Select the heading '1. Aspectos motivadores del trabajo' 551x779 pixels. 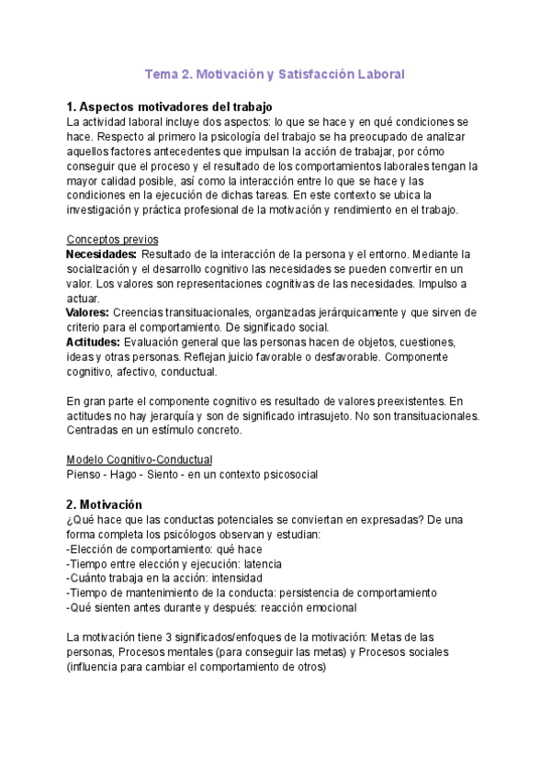click(170, 107)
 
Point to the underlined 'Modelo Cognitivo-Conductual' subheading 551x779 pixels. click(141, 459)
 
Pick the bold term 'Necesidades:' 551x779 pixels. click(103, 254)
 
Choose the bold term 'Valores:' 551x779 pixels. click(88, 312)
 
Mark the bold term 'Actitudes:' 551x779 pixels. click(94, 342)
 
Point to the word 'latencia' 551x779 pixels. click(260, 563)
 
